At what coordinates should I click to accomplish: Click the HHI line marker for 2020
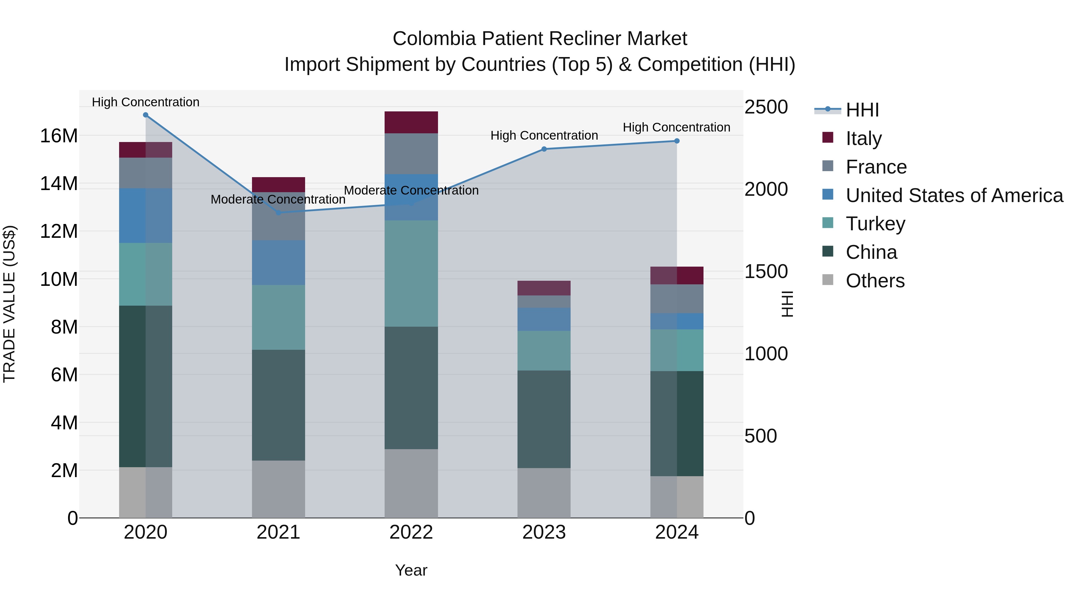point(145,115)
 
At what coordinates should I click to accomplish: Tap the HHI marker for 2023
point(544,149)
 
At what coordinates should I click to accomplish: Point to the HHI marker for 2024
point(677,141)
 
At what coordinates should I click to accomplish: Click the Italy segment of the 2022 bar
point(411,123)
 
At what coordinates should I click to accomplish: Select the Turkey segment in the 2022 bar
point(411,274)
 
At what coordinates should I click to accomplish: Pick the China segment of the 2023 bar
point(544,419)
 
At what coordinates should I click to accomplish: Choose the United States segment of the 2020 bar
point(145,216)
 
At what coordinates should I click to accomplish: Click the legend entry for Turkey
point(875,224)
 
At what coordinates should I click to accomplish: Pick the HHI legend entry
point(862,110)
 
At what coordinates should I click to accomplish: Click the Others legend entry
point(875,281)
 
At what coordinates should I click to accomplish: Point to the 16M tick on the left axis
point(59,136)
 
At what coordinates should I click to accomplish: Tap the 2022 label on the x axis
point(411,532)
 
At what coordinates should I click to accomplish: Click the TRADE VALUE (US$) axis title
point(10,304)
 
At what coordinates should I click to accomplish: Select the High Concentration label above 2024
point(676,127)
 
